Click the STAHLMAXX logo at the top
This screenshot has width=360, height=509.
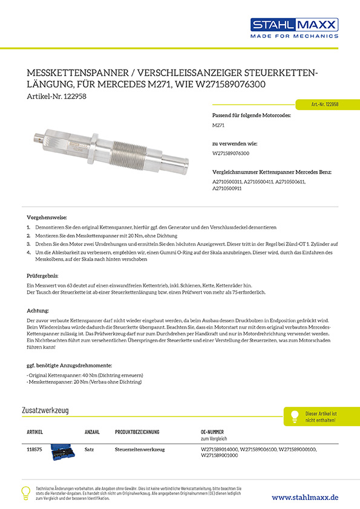(294, 25)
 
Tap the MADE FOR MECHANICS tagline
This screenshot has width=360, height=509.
(294, 36)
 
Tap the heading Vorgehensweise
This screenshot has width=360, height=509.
(47, 217)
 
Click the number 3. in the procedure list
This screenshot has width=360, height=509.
(28, 242)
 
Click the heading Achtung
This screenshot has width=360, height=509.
(38, 310)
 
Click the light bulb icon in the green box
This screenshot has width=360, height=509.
(295, 416)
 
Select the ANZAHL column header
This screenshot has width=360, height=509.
(92, 432)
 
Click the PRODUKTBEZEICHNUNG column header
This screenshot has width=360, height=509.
(137, 432)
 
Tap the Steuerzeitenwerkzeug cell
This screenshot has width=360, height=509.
(137, 450)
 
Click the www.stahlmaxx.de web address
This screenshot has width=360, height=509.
(304, 496)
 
